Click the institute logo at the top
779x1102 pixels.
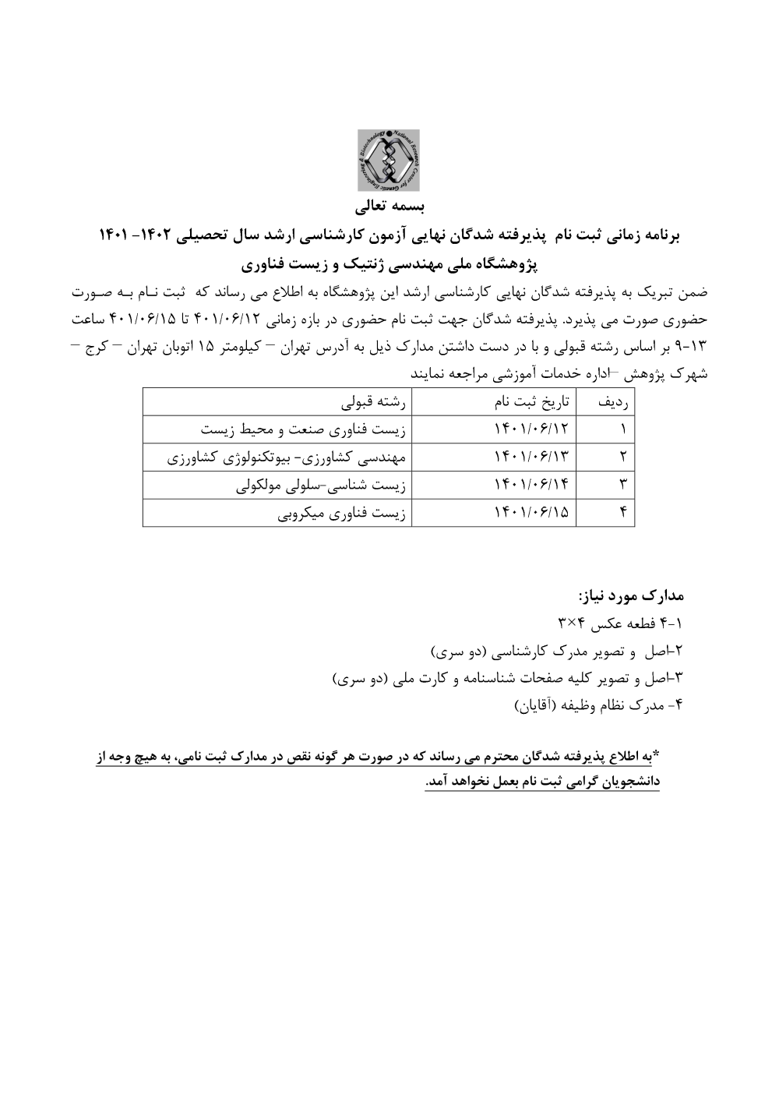click(x=388, y=161)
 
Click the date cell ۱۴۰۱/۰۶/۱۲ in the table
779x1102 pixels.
click(x=532, y=429)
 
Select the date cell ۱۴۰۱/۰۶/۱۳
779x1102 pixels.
click(x=532, y=457)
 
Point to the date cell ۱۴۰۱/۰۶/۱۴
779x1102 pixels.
click(x=532, y=486)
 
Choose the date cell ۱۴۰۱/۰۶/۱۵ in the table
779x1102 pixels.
click(x=532, y=513)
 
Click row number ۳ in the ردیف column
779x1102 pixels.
click(x=623, y=486)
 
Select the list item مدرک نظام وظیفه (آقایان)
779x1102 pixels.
click(x=598, y=706)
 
